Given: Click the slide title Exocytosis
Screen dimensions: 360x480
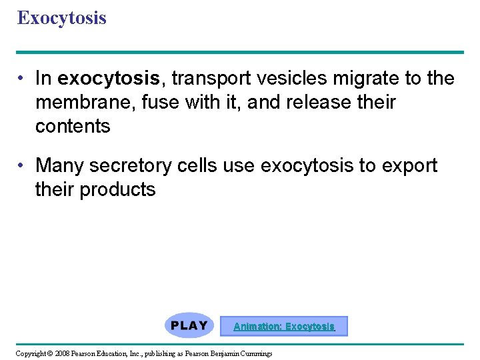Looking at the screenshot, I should pos(61,18).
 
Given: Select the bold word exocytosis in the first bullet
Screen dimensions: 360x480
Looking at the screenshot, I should pos(109,79).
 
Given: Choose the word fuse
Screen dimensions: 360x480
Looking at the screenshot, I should pos(149,103).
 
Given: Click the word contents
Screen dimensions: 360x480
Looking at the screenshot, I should pos(73,126).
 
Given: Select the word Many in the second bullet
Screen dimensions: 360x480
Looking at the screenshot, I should pos(61,165).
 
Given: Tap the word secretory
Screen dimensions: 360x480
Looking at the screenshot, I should pos(132,165).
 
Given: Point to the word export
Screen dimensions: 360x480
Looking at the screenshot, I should pos(409,165).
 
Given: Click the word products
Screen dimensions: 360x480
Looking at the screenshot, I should pos(117,189).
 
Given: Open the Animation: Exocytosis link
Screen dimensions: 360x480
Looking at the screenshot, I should pos(284,326).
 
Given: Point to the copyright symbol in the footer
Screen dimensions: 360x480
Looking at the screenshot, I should pos(49,353).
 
